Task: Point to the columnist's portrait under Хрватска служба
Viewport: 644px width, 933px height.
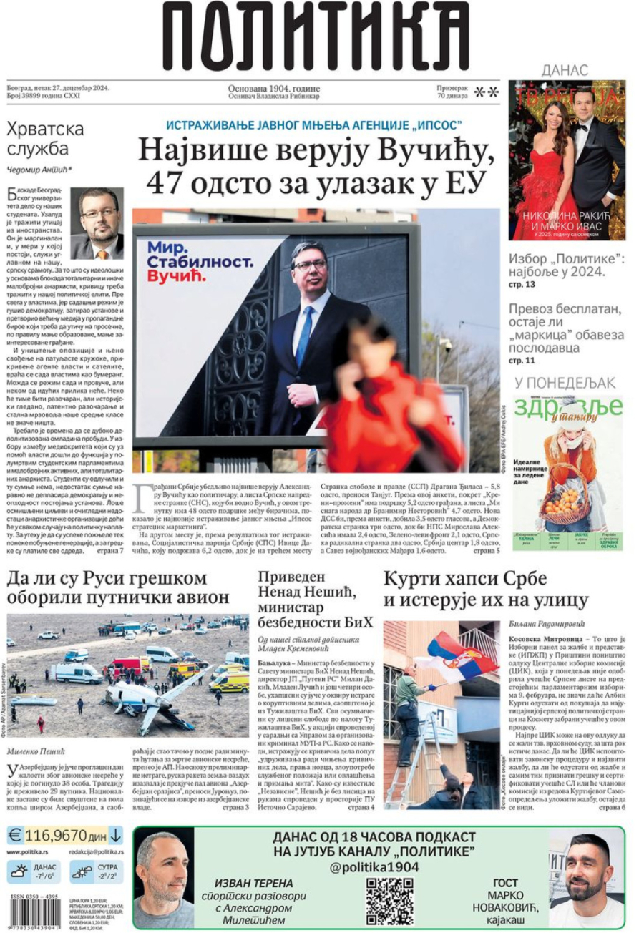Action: pyautogui.click(x=97, y=223)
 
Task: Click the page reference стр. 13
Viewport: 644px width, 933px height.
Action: pyautogui.click(x=522, y=285)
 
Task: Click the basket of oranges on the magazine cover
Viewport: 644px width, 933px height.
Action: pyautogui.click(x=569, y=501)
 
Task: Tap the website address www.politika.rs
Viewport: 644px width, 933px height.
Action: pyautogui.click(x=28, y=852)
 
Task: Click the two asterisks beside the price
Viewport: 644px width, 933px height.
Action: pyautogui.click(x=487, y=91)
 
